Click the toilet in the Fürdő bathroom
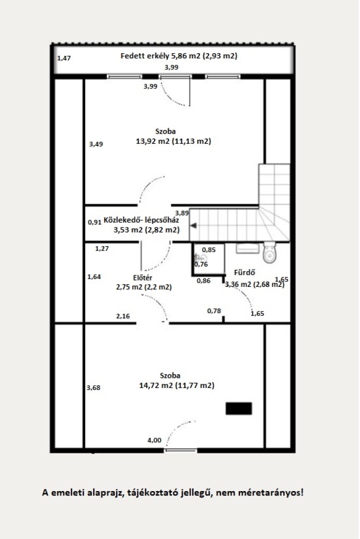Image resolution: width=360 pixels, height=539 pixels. pyautogui.click(x=269, y=253)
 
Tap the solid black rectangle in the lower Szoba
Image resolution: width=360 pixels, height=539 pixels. pyautogui.click(x=238, y=408)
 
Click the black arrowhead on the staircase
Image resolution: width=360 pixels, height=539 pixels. pyautogui.click(x=194, y=225)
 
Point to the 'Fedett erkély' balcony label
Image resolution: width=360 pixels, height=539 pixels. pyautogui.click(x=145, y=56)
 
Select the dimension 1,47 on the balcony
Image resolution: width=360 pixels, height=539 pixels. pyautogui.click(x=64, y=58)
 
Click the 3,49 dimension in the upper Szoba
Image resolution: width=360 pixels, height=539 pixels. pyautogui.click(x=96, y=144)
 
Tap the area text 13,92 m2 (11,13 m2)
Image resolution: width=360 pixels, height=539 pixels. pyautogui.click(x=173, y=141)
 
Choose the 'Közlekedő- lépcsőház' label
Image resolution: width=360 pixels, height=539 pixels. pyautogui.click(x=142, y=219)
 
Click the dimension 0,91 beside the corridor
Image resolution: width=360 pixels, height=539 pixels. pyautogui.click(x=95, y=222)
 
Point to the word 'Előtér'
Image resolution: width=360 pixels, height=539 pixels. pyautogui.click(x=143, y=277)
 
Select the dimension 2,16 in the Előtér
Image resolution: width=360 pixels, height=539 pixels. pyautogui.click(x=123, y=316)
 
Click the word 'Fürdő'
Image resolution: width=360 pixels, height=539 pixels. pyautogui.click(x=244, y=273)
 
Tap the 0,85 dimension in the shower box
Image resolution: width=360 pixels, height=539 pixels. pyautogui.click(x=209, y=250)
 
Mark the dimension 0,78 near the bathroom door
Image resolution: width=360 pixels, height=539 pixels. pyautogui.click(x=214, y=311)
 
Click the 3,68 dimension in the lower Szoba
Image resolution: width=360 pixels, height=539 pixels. pyautogui.click(x=93, y=388)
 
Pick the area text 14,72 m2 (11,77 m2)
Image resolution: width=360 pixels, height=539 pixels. pyautogui.click(x=177, y=385)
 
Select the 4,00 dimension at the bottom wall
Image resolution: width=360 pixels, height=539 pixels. pyautogui.click(x=154, y=440)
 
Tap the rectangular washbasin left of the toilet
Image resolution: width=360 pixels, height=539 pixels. pyautogui.click(x=247, y=248)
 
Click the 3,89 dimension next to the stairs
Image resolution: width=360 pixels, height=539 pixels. pyautogui.click(x=182, y=213)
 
